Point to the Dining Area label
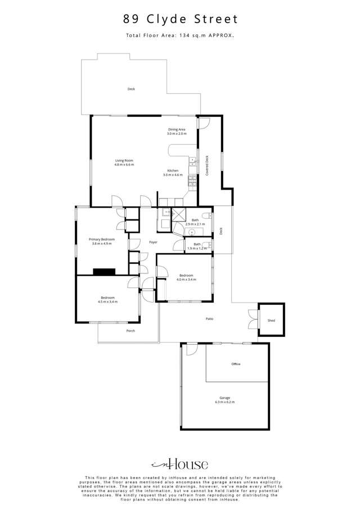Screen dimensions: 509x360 point(176,129)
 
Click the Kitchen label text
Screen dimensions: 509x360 point(173,170)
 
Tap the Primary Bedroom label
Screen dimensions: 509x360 point(102,239)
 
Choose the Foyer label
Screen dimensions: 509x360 point(153,242)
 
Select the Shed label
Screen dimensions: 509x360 point(271,321)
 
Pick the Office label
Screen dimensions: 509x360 point(236,364)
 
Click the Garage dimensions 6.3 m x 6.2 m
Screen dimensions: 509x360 point(224,402)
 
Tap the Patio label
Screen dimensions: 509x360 point(209,319)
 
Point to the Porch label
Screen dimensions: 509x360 point(130,331)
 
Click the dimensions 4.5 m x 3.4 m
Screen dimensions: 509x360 point(107,302)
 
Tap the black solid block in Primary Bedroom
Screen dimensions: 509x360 point(104,271)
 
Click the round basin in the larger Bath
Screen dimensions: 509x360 point(192,231)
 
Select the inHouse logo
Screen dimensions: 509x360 point(179,464)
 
